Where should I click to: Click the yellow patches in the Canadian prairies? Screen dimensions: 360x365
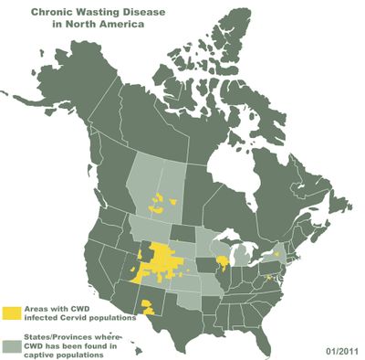[162, 202]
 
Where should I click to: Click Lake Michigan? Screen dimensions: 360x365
[233, 259]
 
